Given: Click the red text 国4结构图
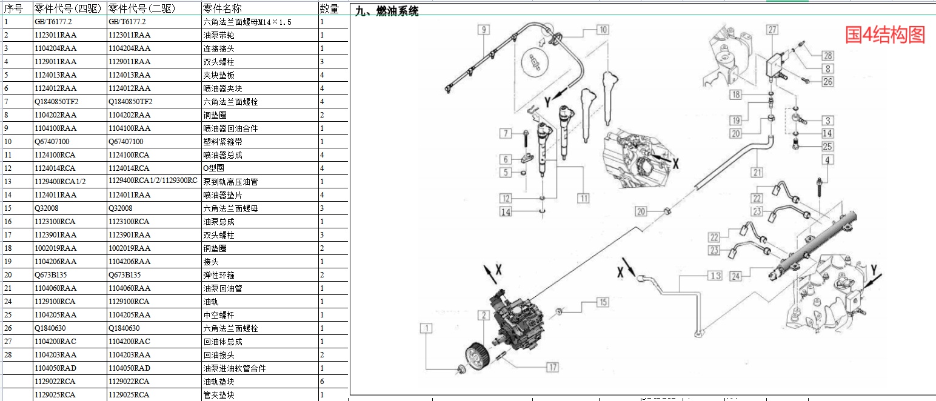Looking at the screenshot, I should coord(885,35).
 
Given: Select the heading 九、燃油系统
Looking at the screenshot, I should coord(386,11).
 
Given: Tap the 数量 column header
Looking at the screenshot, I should coord(329,8).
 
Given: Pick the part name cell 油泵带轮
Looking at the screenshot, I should coord(218,35).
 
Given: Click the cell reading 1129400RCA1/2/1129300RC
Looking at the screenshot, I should coord(153,181).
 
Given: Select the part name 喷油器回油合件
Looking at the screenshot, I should coord(230,128).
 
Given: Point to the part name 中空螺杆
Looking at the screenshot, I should coord(218,315).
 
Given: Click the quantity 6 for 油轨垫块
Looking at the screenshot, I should coord(321,382).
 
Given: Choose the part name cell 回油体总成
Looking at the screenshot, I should coord(222,342).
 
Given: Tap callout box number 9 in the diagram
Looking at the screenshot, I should coord(483,29).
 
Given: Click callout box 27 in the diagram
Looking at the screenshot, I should coord(772,29).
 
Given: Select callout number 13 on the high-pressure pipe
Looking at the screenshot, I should coord(715,276).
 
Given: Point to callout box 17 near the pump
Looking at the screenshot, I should coord(552,367).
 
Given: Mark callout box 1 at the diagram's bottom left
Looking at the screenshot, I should coord(428,329).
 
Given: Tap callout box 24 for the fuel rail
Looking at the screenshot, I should coord(735,276).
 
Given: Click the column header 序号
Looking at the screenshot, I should coord(13,8).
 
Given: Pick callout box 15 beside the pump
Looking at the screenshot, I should coord(601,302).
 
